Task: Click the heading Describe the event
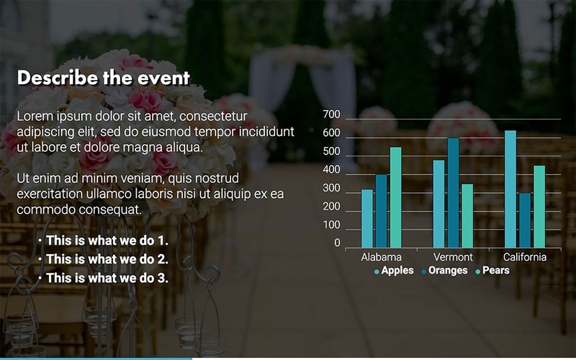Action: (103, 78)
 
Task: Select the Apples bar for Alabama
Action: (367, 219)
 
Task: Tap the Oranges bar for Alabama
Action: (381, 211)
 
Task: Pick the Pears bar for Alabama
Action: (395, 197)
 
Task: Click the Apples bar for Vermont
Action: (438, 204)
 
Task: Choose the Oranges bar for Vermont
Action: (453, 193)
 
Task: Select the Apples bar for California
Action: (510, 189)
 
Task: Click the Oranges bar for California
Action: (525, 220)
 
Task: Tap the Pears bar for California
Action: (539, 207)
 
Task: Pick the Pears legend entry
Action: (495, 271)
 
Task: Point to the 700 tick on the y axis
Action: (331, 115)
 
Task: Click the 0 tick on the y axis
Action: (337, 243)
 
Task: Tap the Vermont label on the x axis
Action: (453, 257)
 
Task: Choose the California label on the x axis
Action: (525, 257)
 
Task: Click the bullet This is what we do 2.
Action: (107, 259)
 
